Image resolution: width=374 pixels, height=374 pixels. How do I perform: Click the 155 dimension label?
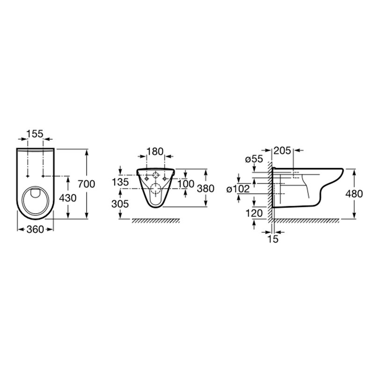tap(35, 134)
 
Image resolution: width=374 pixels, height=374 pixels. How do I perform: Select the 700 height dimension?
tap(86, 184)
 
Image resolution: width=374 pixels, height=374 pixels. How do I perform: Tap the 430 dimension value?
tap(68, 198)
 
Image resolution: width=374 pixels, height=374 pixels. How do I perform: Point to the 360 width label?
tap(36, 230)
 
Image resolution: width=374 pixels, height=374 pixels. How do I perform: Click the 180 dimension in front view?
tap(155, 151)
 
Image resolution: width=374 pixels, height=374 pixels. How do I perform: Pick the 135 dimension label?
tap(121, 182)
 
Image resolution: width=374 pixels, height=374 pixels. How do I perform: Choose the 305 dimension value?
tap(120, 204)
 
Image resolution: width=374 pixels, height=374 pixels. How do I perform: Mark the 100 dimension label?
tap(186, 184)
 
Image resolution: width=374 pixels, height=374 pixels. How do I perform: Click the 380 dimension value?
tap(206, 188)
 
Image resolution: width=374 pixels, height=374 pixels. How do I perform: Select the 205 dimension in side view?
tap(282, 151)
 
